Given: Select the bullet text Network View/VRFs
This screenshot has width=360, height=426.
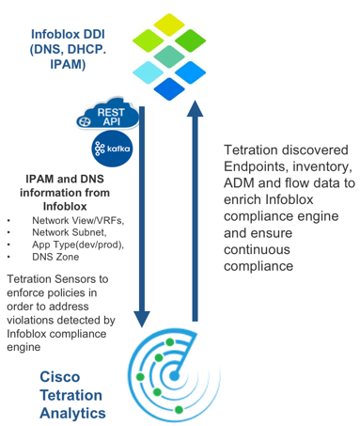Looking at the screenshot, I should pyautogui.click(x=76, y=219).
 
